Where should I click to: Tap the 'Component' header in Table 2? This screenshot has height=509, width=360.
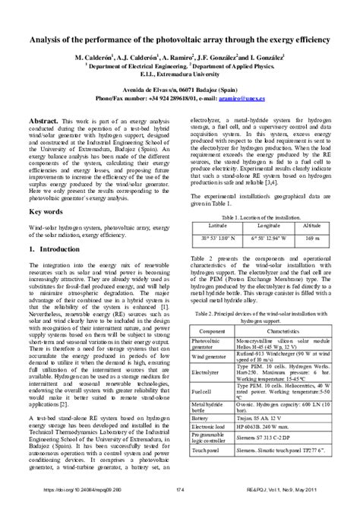210,333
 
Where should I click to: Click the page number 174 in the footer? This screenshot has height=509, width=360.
180,497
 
